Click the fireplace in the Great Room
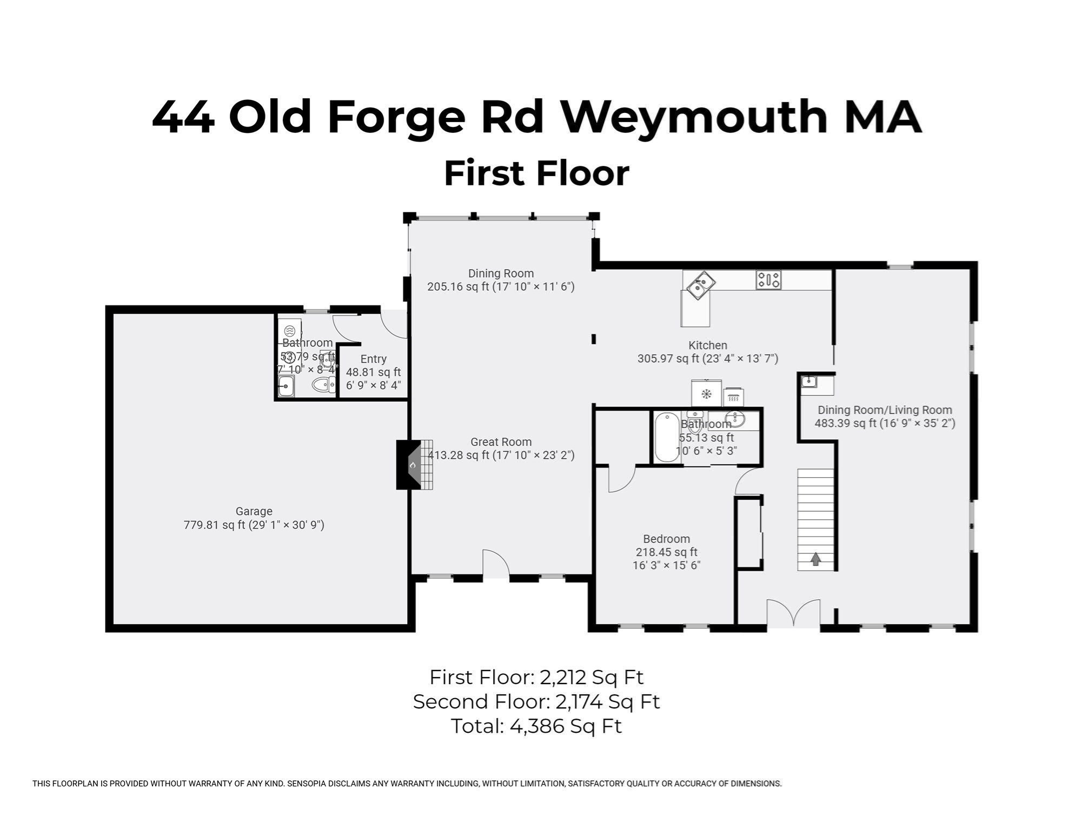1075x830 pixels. (414, 465)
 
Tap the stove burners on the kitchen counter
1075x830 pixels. (768, 279)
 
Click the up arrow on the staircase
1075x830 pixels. (815, 559)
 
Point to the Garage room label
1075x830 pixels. (254, 511)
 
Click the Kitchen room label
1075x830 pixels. (707, 345)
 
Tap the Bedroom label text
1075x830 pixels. (666, 539)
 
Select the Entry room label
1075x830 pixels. (373, 359)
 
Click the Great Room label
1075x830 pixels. (501, 442)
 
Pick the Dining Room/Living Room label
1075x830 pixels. (885, 410)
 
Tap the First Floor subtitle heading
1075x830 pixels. (536, 173)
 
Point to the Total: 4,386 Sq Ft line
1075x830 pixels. (536, 726)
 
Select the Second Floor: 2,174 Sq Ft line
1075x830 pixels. (536, 701)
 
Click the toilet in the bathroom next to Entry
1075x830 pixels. (323, 385)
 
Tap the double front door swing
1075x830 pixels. (793, 613)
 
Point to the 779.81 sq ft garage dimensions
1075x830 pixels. (254, 525)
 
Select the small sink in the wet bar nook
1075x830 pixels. (809, 382)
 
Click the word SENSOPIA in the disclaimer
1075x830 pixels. (309, 784)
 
